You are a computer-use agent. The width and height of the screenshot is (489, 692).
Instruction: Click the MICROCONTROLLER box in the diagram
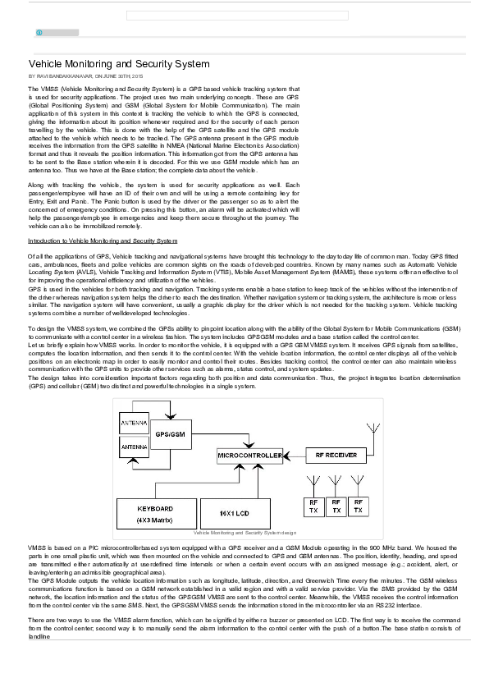click(249, 455)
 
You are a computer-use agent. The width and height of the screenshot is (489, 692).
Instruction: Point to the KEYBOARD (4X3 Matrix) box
click(156, 513)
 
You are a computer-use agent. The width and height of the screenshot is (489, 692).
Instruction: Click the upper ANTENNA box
click(135, 424)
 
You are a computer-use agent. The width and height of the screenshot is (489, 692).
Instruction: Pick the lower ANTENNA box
click(135, 447)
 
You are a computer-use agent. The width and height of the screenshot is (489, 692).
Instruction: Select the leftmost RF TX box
click(313, 506)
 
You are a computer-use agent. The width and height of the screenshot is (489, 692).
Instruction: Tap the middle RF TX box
click(336, 506)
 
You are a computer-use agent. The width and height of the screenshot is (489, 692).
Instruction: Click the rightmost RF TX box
click(359, 506)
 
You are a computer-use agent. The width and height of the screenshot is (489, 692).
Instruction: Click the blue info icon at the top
click(39, 33)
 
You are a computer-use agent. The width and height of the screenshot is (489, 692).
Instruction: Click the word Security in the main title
click(151, 63)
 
